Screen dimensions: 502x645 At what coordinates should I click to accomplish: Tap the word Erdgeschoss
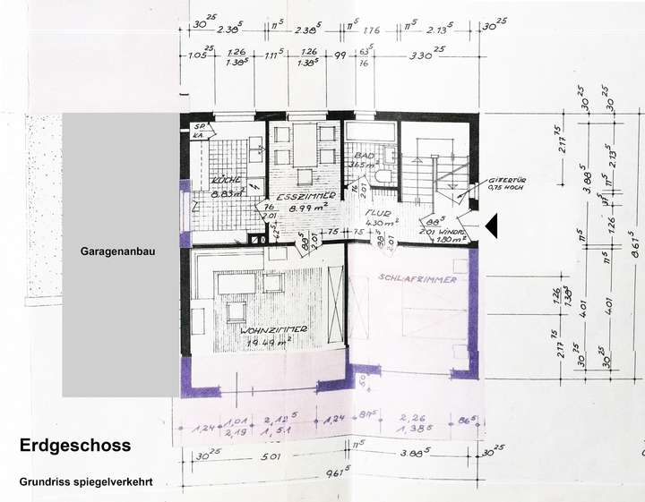75,445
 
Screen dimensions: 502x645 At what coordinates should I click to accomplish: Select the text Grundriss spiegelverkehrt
86,481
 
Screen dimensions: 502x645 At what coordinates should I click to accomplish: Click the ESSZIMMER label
305,195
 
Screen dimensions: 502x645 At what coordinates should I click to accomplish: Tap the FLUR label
376,214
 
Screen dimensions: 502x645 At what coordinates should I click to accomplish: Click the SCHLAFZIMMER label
417,279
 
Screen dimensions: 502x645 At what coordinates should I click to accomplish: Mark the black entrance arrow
491,227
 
